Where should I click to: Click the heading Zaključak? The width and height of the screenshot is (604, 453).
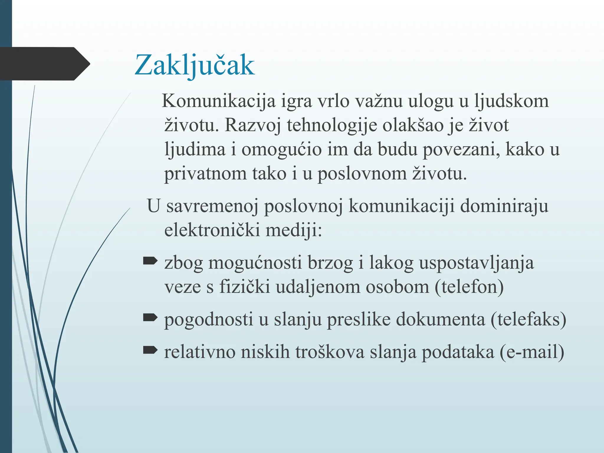pyautogui.click(x=195, y=65)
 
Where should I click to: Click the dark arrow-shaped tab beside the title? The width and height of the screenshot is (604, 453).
pyautogui.click(x=44, y=64)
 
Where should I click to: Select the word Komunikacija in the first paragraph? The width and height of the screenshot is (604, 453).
pyautogui.click(x=219, y=101)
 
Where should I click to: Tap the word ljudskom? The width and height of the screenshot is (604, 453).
pyautogui.click(x=511, y=101)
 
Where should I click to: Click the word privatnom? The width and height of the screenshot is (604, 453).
pyautogui.click(x=205, y=174)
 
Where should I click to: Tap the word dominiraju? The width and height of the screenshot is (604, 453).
pyautogui.click(x=504, y=206)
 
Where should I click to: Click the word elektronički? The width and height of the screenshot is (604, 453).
pyautogui.click(x=212, y=230)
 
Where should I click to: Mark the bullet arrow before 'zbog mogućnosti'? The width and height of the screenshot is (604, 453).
pyautogui.click(x=150, y=261)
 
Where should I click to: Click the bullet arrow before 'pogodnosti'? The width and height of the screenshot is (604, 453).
pyautogui.click(x=150, y=317)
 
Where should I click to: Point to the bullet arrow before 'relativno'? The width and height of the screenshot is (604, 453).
pyautogui.click(x=150, y=350)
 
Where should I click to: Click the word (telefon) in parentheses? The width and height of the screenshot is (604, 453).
pyautogui.click(x=469, y=287)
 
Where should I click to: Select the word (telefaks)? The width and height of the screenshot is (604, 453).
pyautogui.click(x=528, y=319)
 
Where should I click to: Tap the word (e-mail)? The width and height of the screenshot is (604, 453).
pyautogui.click(x=532, y=352)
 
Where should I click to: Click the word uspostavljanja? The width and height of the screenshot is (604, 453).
pyautogui.click(x=476, y=262)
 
